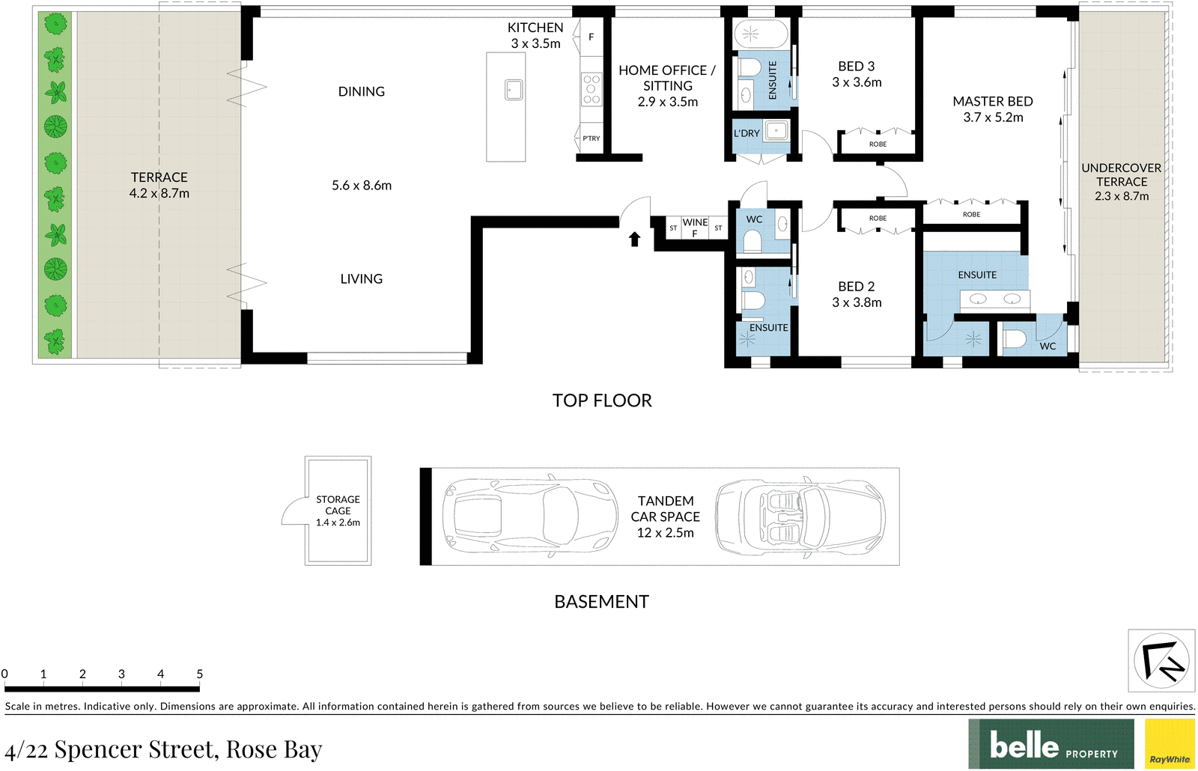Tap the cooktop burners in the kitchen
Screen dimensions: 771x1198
click(x=592, y=89)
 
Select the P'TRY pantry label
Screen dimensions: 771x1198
click(x=592, y=138)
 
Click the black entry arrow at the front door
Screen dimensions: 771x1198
click(x=634, y=239)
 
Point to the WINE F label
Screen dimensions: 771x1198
click(x=695, y=228)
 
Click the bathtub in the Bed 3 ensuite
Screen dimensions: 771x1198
click(x=761, y=34)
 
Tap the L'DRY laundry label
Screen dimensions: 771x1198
click(x=747, y=133)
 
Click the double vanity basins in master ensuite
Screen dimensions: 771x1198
click(x=995, y=299)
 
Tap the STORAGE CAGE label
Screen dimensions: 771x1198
click(x=338, y=505)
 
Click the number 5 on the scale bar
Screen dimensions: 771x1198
click(x=199, y=674)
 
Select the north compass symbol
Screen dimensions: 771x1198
click(x=1161, y=660)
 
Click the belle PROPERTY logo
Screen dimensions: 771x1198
click(x=1050, y=744)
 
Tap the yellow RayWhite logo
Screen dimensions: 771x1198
click(x=1170, y=744)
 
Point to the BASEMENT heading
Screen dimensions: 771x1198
click(x=601, y=602)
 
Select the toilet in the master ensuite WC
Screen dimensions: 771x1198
click(x=1015, y=339)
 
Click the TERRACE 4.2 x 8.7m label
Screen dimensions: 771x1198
click(x=159, y=185)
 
